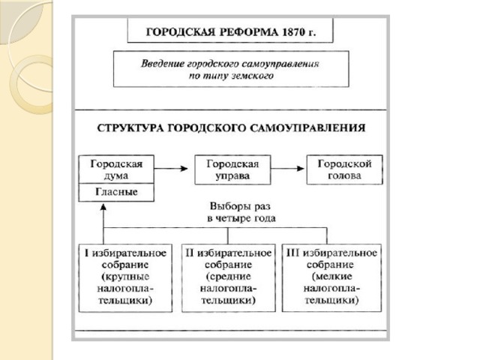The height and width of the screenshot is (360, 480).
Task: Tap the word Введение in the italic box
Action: click(166, 63)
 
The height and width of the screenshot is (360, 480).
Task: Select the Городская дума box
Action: click(116, 169)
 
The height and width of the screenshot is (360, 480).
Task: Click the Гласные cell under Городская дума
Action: click(116, 193)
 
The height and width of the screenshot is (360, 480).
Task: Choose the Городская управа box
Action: click(232, 169)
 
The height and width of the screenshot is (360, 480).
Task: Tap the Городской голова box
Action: click(344, 169)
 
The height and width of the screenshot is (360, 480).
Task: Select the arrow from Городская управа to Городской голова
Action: click(288, 169)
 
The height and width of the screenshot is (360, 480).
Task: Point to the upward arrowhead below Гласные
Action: click(103, 211)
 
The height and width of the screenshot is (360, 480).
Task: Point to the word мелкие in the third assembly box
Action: click(333, 277)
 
